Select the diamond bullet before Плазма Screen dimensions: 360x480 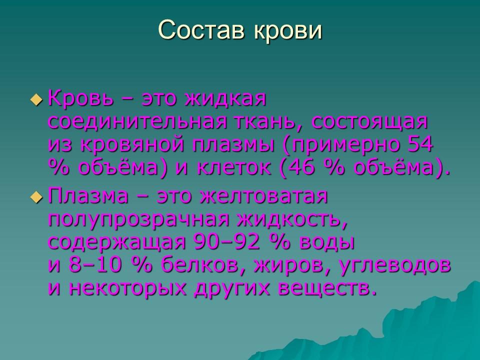point(36,197)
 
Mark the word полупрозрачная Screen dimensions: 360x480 point(136,219)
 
